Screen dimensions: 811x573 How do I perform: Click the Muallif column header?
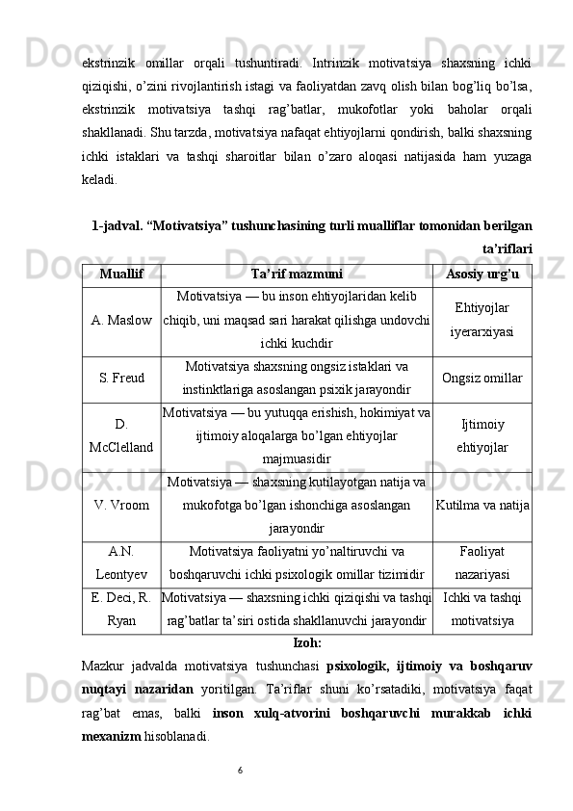click(121, 274)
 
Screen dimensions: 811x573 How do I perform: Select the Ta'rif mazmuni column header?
click(297, 274)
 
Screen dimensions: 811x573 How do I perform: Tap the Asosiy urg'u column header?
click(482, 274)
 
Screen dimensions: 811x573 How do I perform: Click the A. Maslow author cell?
click(121, 319)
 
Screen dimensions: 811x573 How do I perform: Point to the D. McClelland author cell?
click(121, 436)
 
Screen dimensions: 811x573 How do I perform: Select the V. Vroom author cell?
click(121, 505)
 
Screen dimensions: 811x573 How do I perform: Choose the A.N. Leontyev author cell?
click(121, 562)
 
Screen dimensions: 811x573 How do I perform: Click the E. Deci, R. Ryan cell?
click(121, 610)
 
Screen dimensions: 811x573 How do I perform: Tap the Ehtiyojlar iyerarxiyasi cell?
click(482, 319)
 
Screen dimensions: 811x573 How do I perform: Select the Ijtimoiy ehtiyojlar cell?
click(482, 436)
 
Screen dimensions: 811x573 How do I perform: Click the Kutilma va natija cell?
click(482, 505)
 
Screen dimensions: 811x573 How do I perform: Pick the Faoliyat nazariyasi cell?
click(482, 562)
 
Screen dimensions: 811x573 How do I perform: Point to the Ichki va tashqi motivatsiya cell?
click(482, 610)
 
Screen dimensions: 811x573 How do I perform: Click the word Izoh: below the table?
click(306, 642)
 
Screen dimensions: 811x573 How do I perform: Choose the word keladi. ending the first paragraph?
click(102, 178)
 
